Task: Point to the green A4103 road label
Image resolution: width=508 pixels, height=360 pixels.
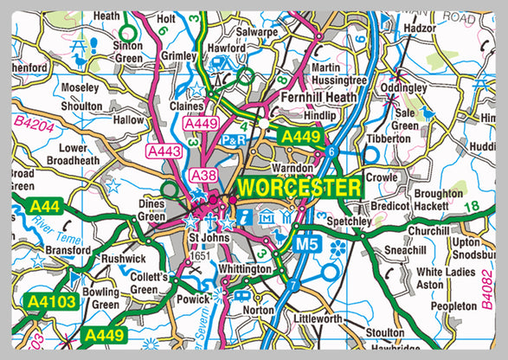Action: point(52,302)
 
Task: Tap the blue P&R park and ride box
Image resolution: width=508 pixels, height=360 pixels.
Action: point(234,139)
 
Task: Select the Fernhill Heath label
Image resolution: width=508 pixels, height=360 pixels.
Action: point(318,99)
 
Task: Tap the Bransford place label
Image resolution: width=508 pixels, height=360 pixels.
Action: point(67,250)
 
